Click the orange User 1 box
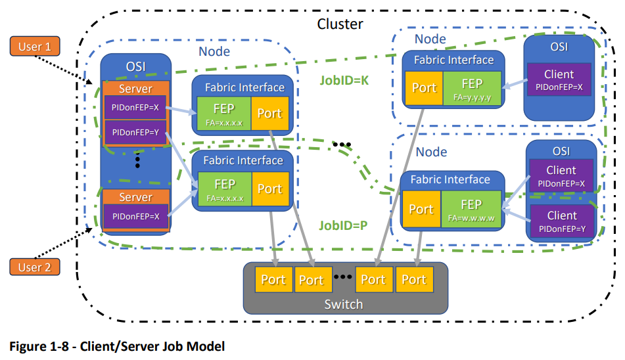pos(35,46)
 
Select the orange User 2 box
pos(35,267)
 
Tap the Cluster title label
pos(340,24)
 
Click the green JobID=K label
pos(344,80)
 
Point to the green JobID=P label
pos(343,226)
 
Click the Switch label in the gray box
pos(344,304)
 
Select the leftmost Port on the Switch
pos(274,280)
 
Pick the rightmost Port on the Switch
pos(414,280)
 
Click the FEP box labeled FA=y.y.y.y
pos(473,88)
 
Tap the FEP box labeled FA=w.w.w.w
pos(471,209)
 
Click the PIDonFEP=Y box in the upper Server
pos(135,133)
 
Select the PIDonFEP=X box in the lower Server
pos(135,216)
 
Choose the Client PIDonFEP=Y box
pos(562,221)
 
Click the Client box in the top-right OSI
pos(559,79)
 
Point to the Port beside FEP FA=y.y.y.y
pos(424,88)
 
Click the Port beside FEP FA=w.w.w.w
pos(421,209)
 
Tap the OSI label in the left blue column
pos(136,66)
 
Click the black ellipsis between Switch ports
pos(342,277)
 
